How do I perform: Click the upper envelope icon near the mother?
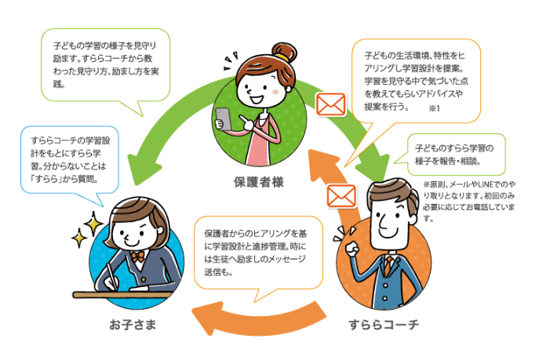[x=330, y=104]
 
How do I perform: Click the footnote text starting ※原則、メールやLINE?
[x=480, y=201]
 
